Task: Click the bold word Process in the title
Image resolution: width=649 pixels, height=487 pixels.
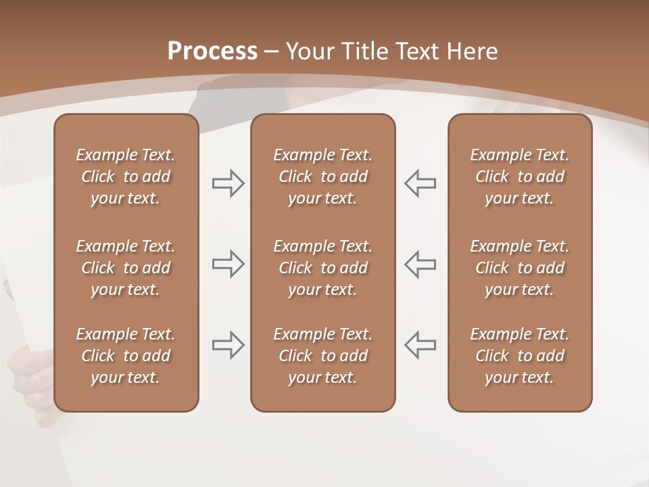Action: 212,51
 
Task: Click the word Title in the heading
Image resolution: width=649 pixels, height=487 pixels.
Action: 366,51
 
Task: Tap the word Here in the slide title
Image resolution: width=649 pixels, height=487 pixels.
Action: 473,51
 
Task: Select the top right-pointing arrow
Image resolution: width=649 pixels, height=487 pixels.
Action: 228,183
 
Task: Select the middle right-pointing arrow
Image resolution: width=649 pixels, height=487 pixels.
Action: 228,264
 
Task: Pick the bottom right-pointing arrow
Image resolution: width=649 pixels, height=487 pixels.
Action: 228,345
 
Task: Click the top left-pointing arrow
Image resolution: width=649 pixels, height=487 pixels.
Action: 420,183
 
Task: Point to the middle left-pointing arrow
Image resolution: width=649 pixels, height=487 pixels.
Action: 420,264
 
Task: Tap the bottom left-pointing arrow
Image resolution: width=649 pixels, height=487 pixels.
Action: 420,345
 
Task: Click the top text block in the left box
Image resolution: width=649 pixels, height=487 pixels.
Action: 126,177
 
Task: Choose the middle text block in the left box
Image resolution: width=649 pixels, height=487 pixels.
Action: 126,268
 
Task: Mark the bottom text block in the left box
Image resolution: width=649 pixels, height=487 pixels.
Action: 126,356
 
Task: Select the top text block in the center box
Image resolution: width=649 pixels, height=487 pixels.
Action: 323,177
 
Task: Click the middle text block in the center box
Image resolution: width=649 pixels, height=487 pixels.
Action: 323,268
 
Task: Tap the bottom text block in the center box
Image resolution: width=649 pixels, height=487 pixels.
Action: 323,356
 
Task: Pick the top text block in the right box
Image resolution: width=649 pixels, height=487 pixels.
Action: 520,177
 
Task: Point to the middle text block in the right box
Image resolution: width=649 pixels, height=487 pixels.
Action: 520,268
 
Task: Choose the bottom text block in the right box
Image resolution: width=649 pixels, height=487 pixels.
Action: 520,356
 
